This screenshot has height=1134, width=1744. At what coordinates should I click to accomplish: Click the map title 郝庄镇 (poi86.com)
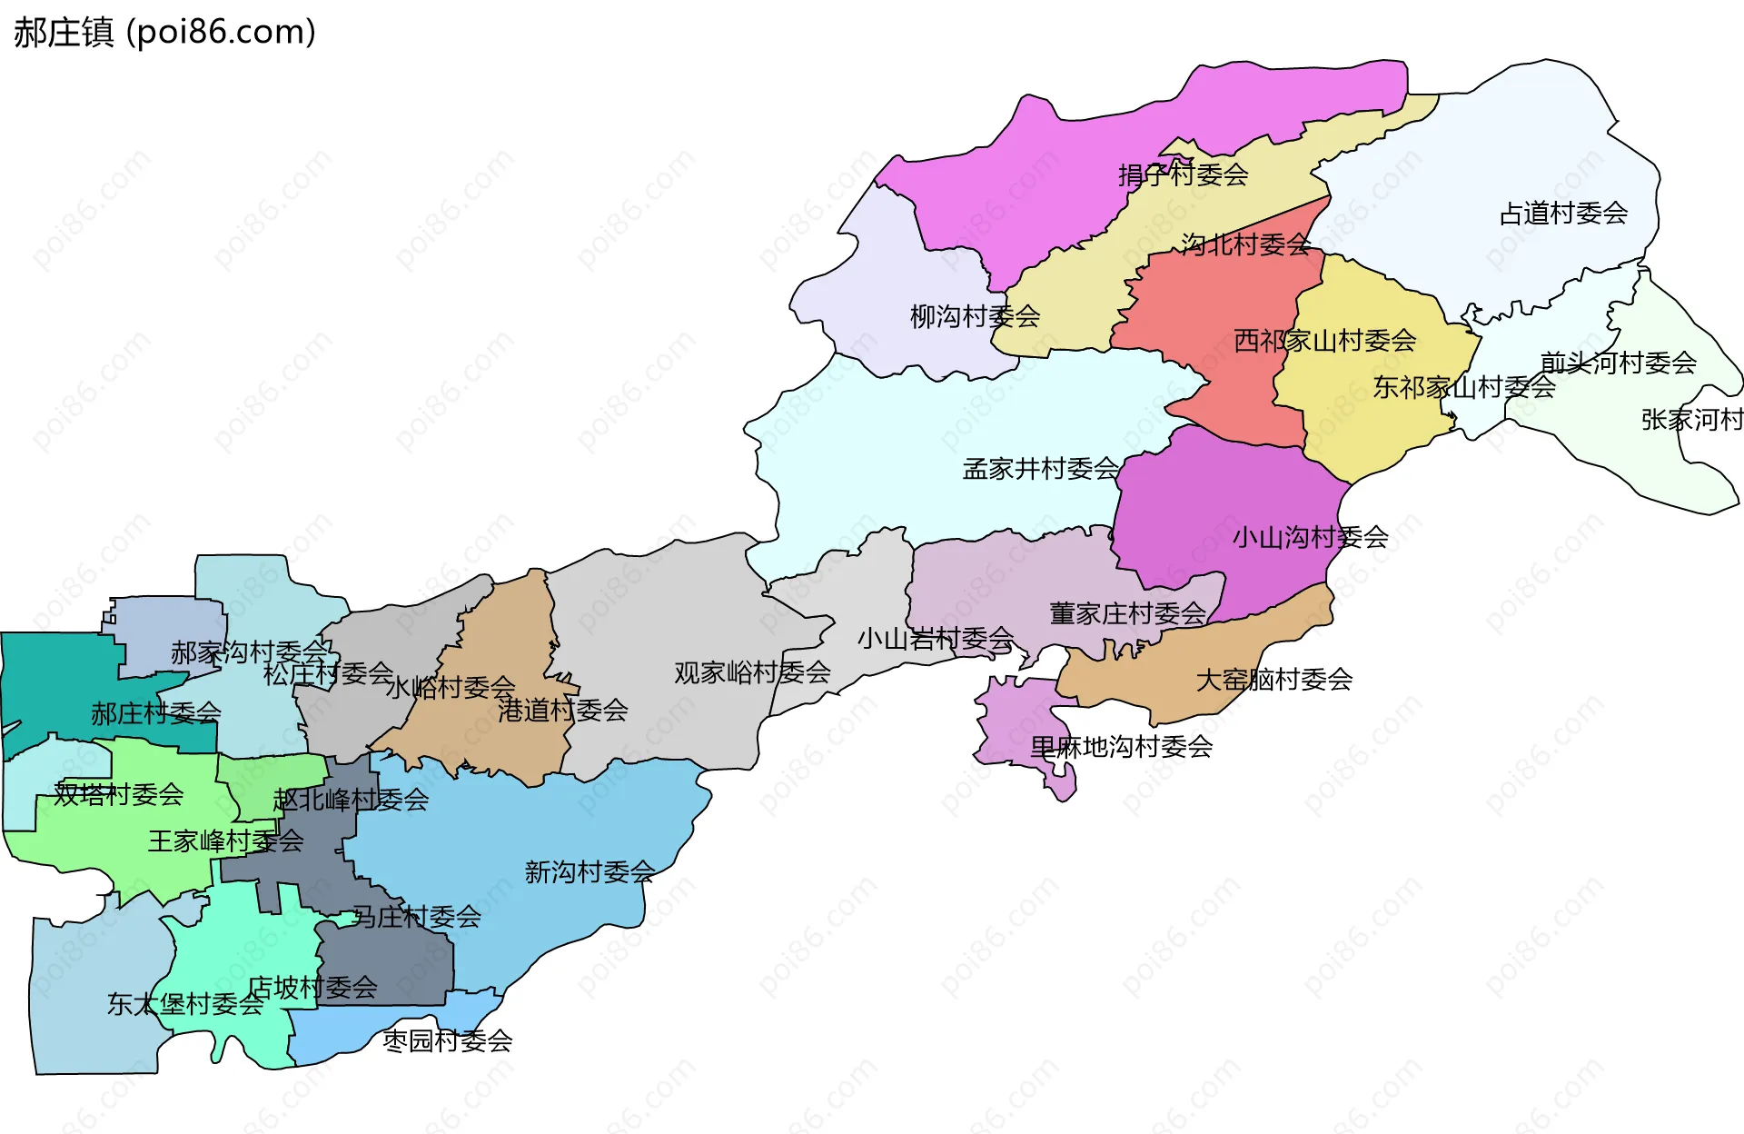[x=164, y=32]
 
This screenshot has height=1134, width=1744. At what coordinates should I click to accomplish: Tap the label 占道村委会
[x=1562, y=214]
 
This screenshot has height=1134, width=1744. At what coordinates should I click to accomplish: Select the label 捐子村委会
[x=1183, y=174]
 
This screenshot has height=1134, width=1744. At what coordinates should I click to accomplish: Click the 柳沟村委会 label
[x=975, y=316]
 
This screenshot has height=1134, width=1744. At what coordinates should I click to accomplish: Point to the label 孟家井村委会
[x=1041, y=469]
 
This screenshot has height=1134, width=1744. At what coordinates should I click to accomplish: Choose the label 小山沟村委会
[x=1310, y=537]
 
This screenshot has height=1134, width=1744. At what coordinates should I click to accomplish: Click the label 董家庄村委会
[x=1127, y=613]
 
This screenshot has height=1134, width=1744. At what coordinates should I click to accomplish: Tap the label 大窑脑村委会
[x=1273, y=680]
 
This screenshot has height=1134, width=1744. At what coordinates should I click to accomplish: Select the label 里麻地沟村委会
[x=1121, y=747]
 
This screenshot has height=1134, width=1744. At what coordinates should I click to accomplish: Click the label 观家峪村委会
[x=752, y=672]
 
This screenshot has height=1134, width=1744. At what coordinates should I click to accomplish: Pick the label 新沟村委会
[x=590, y=872]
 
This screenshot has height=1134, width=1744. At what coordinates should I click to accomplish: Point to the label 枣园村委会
[x=447, y=1040]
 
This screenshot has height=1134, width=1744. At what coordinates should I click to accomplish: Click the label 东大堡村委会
[x=185, y=1004]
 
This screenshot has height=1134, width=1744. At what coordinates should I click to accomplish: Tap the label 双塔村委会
[x=118, y=794]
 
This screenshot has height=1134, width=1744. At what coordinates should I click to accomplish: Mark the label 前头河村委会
[x=1618, y=363]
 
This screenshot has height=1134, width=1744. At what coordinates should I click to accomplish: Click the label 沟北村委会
[x=1245, y=244]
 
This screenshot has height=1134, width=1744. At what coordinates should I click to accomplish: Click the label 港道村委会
[x=562, y=711]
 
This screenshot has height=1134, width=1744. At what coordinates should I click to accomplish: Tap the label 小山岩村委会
[x=935, y=639]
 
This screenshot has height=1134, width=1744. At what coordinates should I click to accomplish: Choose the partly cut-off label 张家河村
[x=1691, y=420]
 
